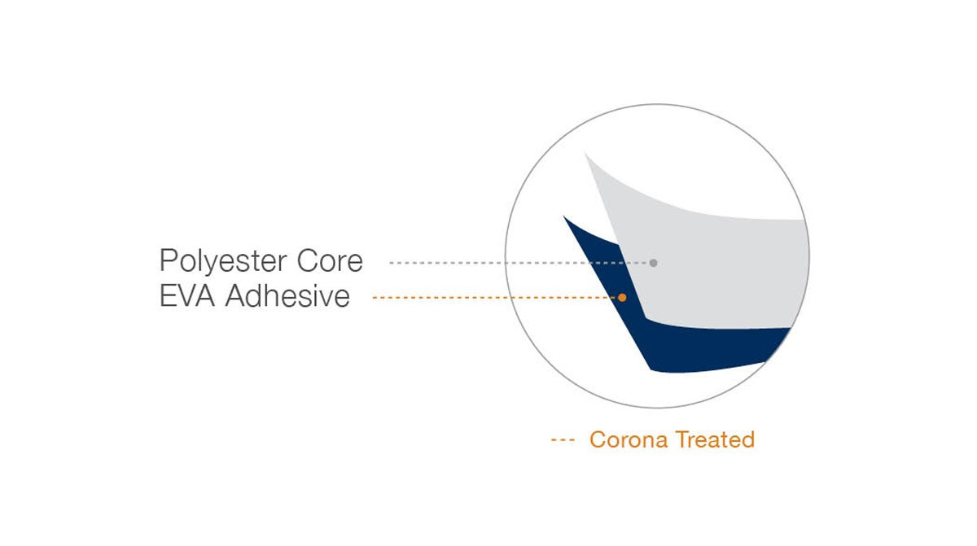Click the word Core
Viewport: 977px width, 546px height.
point(330,261)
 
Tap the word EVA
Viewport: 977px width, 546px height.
point(187,296)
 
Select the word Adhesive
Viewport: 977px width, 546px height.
point(287,295)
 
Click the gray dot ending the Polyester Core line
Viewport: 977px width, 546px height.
point(653,263)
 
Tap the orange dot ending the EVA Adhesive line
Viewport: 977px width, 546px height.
point(622,298)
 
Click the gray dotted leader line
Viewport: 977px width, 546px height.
point(519,263)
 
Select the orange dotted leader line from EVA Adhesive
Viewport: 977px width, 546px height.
point(495,298)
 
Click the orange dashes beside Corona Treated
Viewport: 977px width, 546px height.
point(563,440)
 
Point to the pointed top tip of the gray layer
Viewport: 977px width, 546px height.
point(585,154)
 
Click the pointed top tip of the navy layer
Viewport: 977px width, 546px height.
point(563,216)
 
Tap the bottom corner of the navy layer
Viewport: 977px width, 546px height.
point(651,370)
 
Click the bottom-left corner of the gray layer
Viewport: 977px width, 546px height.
point(646,318)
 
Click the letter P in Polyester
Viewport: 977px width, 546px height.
point(168,260)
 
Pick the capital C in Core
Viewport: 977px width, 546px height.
point(308,261)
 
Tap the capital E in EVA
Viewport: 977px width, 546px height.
point(168,296)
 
